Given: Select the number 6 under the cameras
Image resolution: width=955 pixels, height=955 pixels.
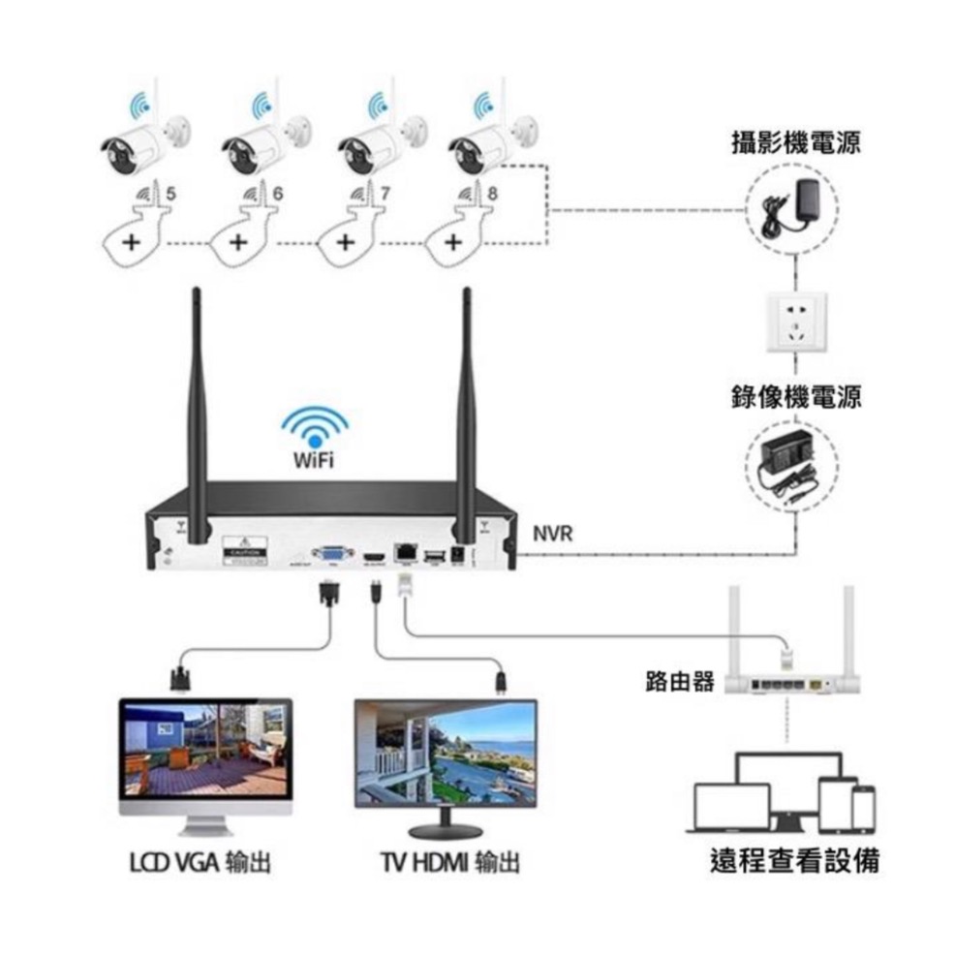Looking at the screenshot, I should (277, 194).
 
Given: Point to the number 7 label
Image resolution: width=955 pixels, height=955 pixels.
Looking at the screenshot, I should (385, 194).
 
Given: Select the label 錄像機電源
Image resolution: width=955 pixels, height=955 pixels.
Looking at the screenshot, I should (795, 396).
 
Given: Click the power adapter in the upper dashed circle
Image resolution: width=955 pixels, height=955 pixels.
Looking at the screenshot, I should (792, 204).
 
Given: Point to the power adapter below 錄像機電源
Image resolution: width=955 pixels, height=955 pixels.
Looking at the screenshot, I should (792, 466).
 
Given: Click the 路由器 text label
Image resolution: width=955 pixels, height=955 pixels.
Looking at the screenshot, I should (679, 682).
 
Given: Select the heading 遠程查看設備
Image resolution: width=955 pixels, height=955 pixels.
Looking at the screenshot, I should (794, 860).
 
